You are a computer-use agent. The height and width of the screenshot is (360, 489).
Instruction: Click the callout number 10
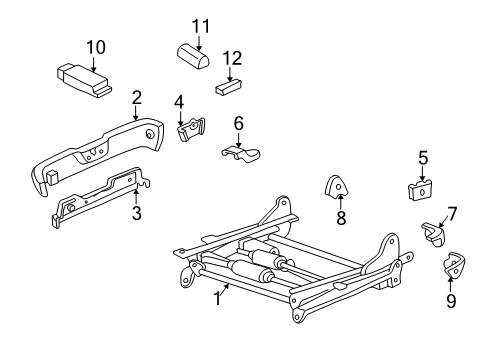[95, 46]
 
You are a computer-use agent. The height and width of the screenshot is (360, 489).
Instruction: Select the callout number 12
[232, 58]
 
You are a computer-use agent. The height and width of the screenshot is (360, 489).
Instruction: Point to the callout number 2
[137, 97]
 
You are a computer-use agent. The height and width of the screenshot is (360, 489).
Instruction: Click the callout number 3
[136, 212]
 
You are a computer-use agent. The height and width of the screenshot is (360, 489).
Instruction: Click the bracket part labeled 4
[191, 132]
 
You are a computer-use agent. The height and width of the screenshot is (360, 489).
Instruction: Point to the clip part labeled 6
[240, 153]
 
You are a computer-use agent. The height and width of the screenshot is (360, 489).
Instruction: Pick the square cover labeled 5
[421, 190]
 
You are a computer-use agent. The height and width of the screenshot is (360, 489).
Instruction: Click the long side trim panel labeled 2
[100, 150]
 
